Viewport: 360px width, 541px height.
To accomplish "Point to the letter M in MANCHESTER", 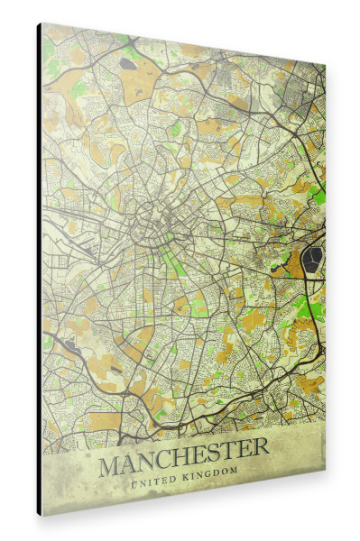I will point(110,466).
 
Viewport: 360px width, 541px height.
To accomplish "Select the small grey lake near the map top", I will point(130,64).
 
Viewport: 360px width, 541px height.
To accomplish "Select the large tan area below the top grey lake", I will point(135,86).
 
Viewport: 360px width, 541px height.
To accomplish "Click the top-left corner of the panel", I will point(42,23).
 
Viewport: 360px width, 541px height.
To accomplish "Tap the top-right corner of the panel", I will point(325,65).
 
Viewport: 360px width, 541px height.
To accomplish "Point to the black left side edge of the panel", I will point(39,270).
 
